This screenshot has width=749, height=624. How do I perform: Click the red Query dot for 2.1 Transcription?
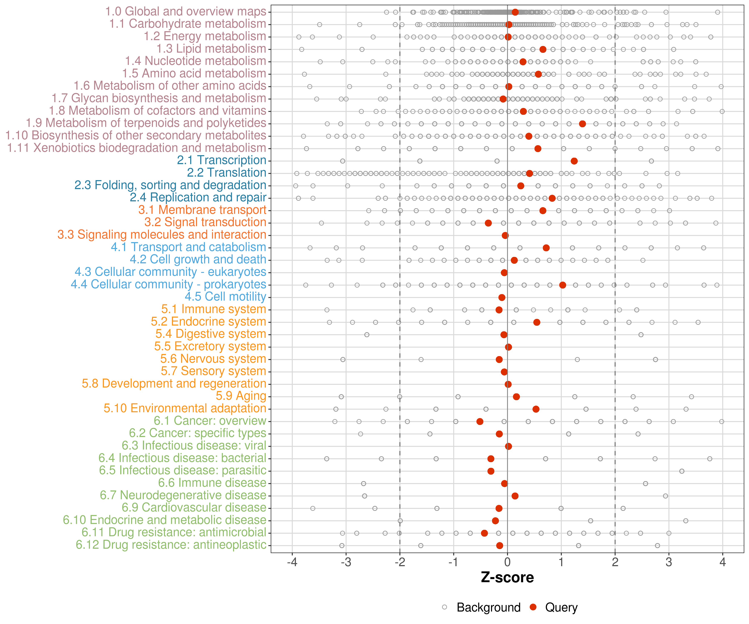574,161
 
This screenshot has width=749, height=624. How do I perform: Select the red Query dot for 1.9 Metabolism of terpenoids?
582,124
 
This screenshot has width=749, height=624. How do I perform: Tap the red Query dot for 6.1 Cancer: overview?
480,421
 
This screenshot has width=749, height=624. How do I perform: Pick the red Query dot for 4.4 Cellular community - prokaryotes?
562,285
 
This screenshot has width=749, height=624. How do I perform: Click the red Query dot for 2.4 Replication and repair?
552,198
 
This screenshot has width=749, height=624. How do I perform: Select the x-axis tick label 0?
507,562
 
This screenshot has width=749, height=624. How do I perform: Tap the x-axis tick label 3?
669,562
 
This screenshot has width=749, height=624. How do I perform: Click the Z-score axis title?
507,577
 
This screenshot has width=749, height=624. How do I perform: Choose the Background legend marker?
444,607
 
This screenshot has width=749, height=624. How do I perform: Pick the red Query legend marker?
533,607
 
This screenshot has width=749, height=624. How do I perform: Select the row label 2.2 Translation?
227,173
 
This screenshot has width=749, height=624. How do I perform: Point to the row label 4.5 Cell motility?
225,296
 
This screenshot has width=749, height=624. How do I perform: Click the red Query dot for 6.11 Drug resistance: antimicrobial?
484,533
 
